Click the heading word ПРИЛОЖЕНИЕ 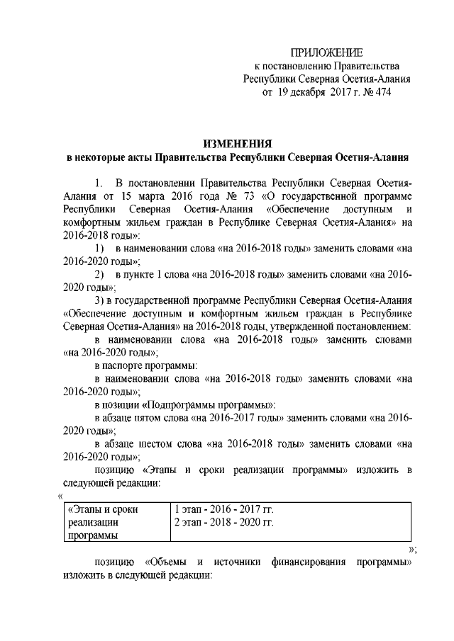[x=328, y=52]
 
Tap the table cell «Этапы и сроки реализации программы [x=106, y=522]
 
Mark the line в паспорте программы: [x=146, y=365]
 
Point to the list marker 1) [x=101, y=249]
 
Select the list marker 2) [x=101, y=275]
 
